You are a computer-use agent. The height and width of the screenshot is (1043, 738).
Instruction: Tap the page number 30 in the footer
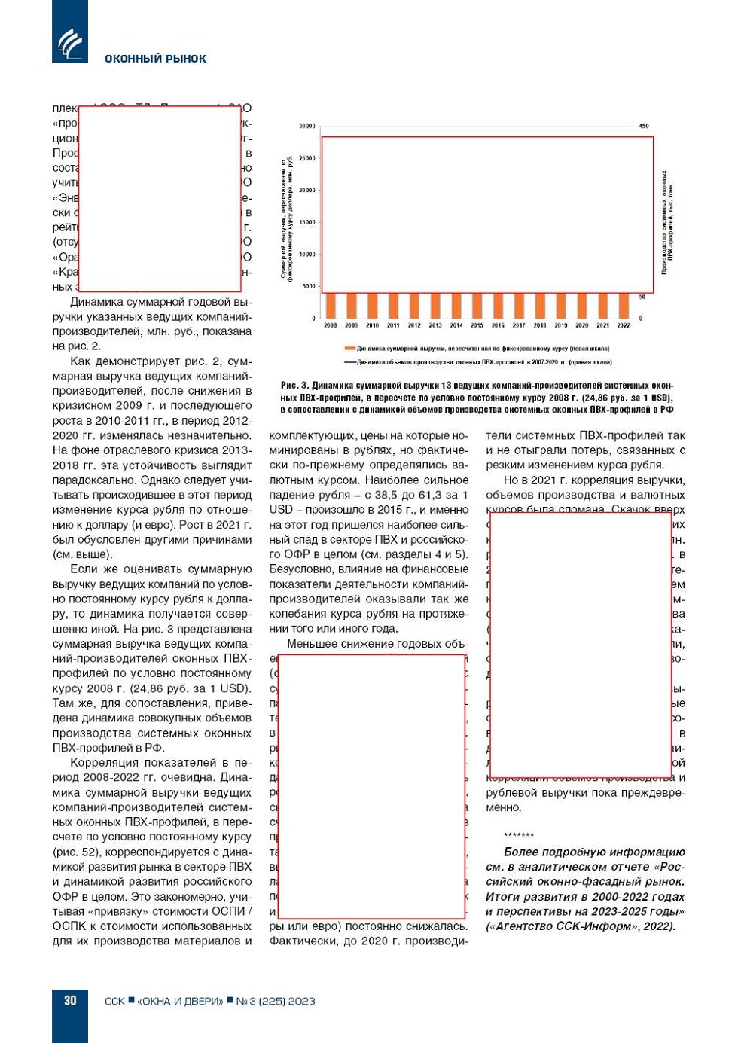click(70, 1000)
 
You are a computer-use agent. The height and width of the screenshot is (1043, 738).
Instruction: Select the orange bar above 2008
click(331, 306)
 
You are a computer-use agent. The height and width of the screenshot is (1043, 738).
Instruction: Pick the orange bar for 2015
click(477, 306)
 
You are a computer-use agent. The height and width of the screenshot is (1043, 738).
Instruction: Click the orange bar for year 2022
click(623, 306)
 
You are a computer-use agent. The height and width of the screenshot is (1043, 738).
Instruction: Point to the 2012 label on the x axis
click(414, 325)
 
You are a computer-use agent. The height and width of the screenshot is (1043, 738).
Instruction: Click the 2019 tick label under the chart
click(560, 325)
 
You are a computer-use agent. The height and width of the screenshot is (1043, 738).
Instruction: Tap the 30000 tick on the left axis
click(306, 126)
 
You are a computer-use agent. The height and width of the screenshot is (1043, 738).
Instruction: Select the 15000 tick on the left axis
click(306, 222)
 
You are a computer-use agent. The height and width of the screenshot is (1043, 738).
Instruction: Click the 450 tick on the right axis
click(644, 126)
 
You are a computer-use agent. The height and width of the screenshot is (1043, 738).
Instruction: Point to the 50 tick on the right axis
click(642, 297)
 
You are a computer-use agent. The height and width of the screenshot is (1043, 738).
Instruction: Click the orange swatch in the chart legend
click(349, 349)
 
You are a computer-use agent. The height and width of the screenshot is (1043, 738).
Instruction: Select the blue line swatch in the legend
click(349, 362)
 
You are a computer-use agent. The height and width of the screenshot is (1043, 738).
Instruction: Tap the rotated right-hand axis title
click(667, 222)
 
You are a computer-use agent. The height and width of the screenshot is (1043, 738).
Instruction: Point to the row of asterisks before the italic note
click(518, 835)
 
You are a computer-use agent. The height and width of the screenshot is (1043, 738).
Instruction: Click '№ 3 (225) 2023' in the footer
click(276, 1001)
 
